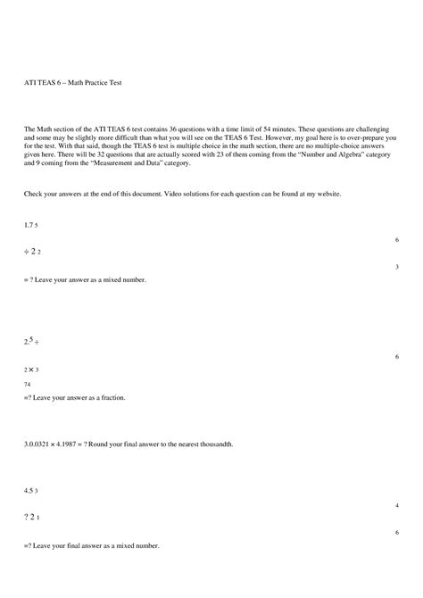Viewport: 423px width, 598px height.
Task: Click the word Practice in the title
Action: (90, 82)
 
